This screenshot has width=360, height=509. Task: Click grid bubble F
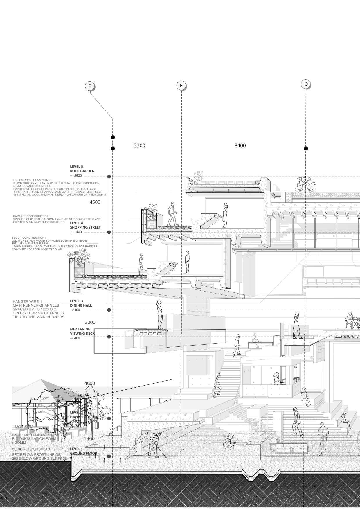90,86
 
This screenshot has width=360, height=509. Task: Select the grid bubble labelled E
181,85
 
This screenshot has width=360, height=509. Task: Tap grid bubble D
306,84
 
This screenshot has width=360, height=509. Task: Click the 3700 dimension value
139,145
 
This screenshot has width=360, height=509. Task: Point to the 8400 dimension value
240,145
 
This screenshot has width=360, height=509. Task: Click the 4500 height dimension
95,202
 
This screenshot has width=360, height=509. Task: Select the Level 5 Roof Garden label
82,169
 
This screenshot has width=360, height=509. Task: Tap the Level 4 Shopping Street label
81,225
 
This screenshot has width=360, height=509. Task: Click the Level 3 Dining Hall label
81,303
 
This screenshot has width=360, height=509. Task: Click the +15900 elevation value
76,176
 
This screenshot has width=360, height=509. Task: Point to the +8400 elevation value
75,310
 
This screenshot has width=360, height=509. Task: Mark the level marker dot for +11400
109,232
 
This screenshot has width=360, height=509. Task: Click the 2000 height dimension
90,322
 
